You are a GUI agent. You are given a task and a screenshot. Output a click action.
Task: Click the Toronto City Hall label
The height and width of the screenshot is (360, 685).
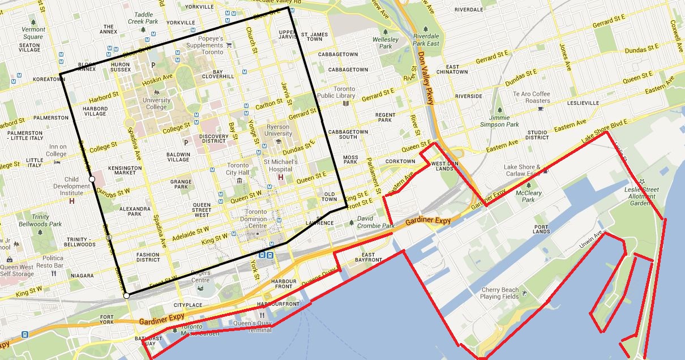[237, 169]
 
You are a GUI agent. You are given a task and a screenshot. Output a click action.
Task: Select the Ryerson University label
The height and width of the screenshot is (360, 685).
[279, 130]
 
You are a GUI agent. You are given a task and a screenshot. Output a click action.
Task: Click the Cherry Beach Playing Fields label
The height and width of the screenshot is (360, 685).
[499, 293]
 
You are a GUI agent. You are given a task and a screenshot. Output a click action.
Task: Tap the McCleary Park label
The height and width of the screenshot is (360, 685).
[528, 196]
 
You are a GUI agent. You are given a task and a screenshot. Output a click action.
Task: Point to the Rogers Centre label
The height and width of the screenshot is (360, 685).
[200, 276]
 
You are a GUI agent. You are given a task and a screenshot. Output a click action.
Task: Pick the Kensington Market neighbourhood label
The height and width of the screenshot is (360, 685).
[125, 172]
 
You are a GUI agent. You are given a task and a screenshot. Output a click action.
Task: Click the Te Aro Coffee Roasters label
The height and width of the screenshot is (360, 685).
[532, 97]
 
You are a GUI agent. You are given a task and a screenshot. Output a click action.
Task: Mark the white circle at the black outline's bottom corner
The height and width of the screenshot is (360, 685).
[126, 295]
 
